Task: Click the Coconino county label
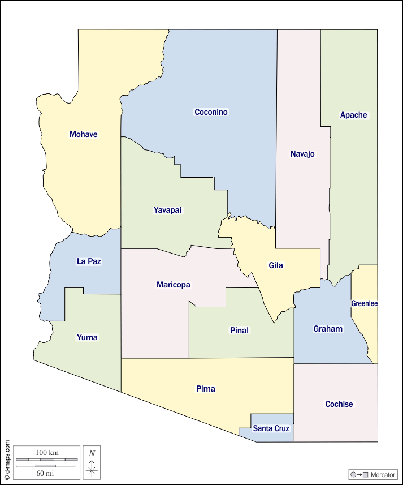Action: pos(211,112)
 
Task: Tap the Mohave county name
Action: pos(84,134)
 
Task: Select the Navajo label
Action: pos(302,154)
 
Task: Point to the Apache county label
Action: pos(353,115)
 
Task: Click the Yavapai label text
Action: pos(168,210)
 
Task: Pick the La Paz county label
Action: pos(89,261)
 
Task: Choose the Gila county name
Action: pos(276,265)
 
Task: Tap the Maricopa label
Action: pos(174,285)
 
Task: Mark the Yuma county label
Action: pos(87,337)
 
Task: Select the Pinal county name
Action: pos(239,331)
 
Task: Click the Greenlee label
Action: pos(364,303)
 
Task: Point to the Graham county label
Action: pos(328,329)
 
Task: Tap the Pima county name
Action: pos(205,389)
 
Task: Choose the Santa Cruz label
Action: pos(271,428)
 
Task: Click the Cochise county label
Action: pos(339,404)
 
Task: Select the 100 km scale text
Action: pos(47,453)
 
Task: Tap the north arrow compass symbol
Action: pos(92,465)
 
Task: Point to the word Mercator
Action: pos(383,474)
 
